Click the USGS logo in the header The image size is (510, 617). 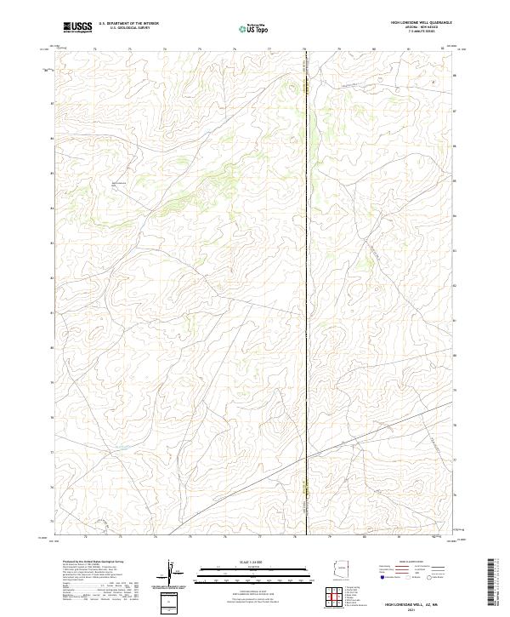click(77, 27)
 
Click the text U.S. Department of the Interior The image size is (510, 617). click(128, 23)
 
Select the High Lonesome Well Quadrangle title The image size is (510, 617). click(416, 23)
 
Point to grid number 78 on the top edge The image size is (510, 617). click(304, 49)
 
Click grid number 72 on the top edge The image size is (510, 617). click(95, 49)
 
